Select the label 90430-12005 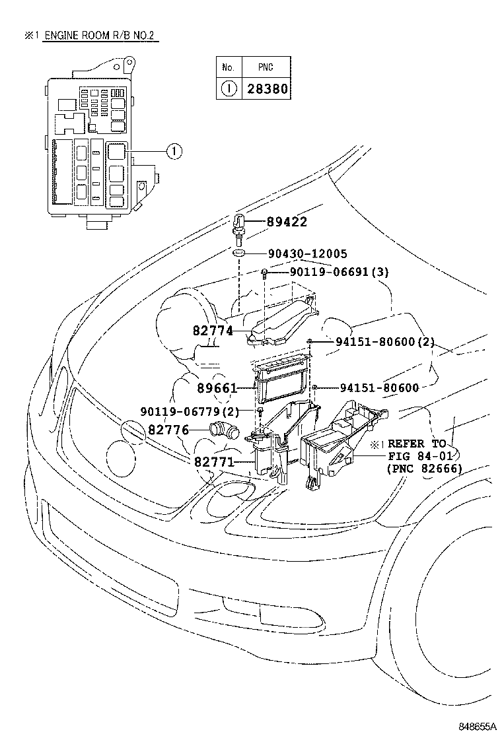pos(308,253)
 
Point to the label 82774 pos(213,331)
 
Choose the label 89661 pos(217,388)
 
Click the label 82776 pos(168,430)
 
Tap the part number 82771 pos(214,461)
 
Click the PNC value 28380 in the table pos(268,88)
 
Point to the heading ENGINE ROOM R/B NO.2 pos(102,35)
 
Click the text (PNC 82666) pos(424,469)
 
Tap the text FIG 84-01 pos(422,457)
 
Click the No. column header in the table pos(229,67)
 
